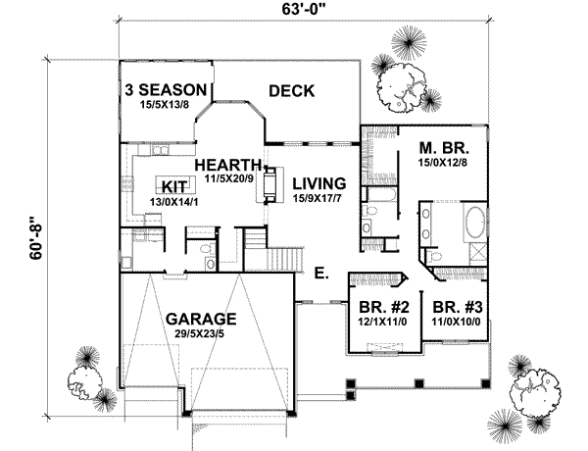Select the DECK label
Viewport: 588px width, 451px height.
[x=290, y=91]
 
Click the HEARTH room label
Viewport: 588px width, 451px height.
[x=228, y=165]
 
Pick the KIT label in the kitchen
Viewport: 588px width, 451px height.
[x=174, y=186]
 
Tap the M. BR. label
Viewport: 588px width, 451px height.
[x=441, y=147]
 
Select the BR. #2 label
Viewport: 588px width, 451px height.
[x=377, y=304]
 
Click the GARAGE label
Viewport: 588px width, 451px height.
[x=200, y=320]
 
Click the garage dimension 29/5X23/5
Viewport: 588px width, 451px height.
[x=200, y=334]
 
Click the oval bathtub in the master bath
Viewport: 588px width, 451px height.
[x=472, y=224]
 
